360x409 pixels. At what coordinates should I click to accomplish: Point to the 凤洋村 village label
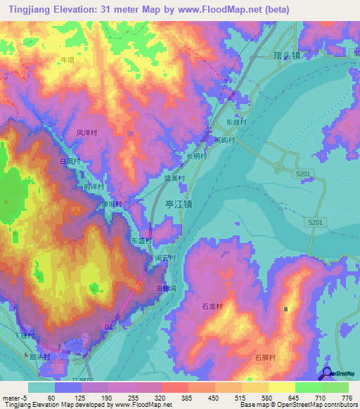pyautogui.click(x=86, y=132)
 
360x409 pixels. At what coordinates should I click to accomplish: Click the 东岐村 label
pyautogui.click(x=236, y=122)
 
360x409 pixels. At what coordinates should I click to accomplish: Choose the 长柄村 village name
pyautogui.click(x=196, y=156)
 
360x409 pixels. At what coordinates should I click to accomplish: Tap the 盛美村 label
pyautogui.click(x=174, y=179)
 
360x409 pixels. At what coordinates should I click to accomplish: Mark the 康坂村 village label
pyautogui.click(x=110, y=204)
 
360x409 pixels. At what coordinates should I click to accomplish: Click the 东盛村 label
pyautogui.click(x=141, y=240)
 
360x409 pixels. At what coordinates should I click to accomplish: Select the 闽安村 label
pyautogui.click(x=165, y=258)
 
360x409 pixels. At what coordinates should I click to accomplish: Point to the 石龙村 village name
pyautogui.click(x=212, y=307)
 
